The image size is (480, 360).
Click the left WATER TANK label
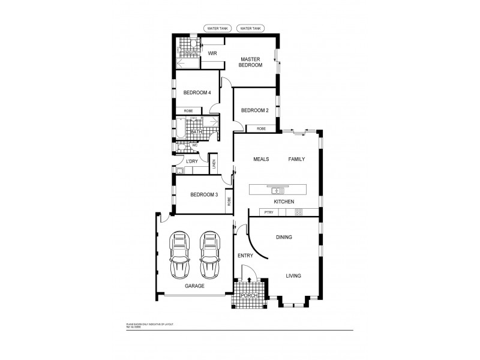[217, 28]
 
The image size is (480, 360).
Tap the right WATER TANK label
[250, 28]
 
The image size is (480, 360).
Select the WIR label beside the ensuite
[212, 53]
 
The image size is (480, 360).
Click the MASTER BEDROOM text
[251, 62]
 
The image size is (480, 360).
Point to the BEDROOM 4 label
[197, 92]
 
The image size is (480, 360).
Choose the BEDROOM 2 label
[254, 110]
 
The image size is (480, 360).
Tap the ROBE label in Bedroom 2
[261, 128]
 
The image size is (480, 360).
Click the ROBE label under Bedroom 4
[188, 111]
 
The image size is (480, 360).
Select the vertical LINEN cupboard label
[214, 164]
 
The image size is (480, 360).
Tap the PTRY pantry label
[268, 212]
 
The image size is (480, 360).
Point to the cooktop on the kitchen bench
[298, 212]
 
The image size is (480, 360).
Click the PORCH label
[248, 296]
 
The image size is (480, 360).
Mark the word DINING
[284, 238]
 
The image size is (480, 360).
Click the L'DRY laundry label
[192, 162]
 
